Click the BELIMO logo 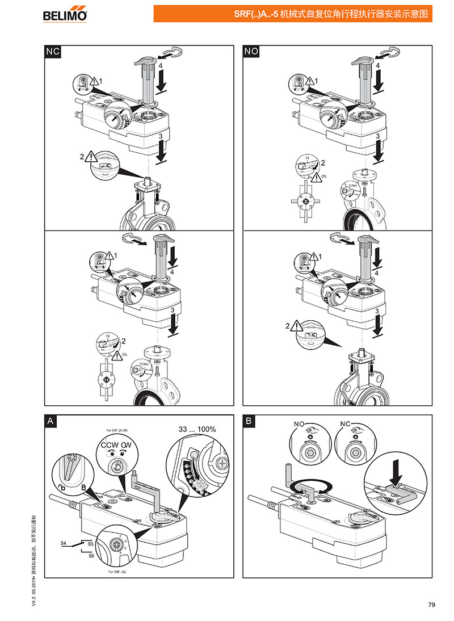click(65, 14)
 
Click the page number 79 click(431, 605)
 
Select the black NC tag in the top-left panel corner click(52, 52)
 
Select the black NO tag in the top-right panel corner click(251, 52)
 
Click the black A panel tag click(51, 421)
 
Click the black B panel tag click(250, 421)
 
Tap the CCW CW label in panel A click(116, 446)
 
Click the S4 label click(64, 543)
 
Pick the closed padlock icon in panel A click(83, 488)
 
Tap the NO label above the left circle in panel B click(300, 425)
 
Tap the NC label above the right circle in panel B click(346, 425)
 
